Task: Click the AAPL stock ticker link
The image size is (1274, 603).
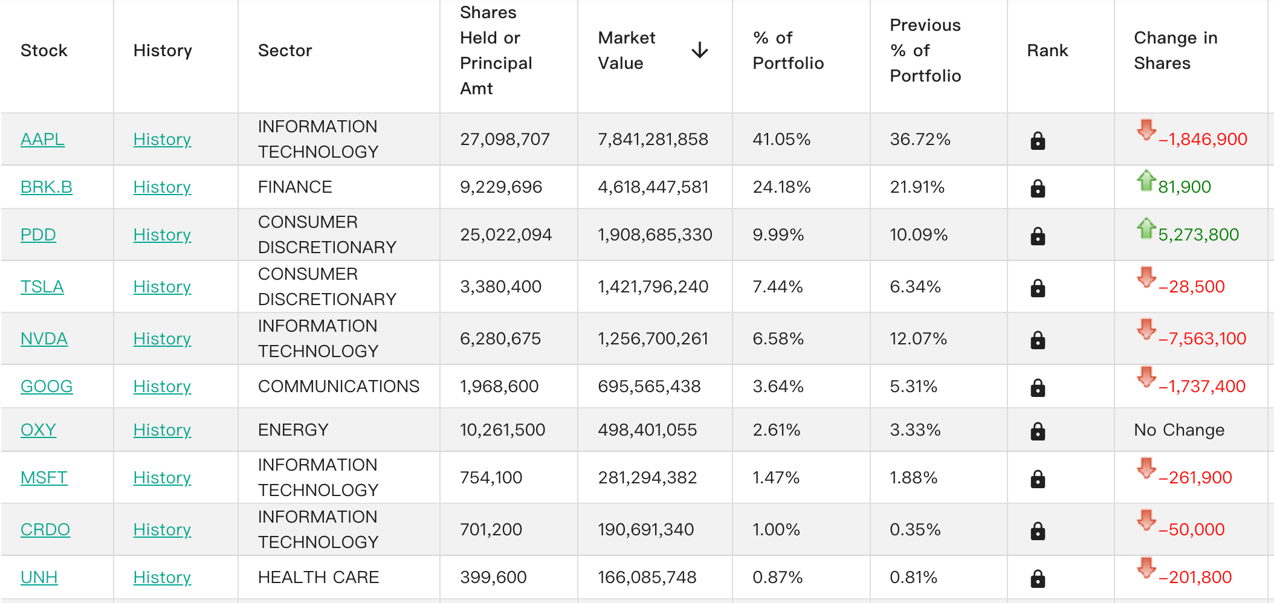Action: coord(42,140)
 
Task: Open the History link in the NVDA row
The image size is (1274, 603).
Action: coord(162,339)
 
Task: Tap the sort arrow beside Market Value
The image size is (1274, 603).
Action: coord(700,50)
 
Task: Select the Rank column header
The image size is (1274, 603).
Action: coord(1047,51)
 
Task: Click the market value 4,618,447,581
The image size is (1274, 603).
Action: coord(653,187)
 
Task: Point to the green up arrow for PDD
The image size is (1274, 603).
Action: coord(1146,228)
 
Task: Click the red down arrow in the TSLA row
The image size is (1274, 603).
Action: coord(1146,277)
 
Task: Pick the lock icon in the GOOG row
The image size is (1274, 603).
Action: coord(1038,387)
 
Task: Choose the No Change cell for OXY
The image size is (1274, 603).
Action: coord(1179,430)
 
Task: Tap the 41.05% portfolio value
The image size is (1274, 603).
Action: coord(781,140)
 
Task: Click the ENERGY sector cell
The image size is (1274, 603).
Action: coord(293,430)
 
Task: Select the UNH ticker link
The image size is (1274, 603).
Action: coord(39,578)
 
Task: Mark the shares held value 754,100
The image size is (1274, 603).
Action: coord(491,478)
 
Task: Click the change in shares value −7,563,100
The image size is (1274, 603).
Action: coord(1202,339)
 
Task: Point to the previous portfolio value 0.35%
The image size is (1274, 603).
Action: coord(915,530)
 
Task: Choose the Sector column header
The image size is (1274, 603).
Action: coord(285,51)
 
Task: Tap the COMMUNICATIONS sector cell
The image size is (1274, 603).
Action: coord(338,387)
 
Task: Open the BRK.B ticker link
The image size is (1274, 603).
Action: coord(47,187)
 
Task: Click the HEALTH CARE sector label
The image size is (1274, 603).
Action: coord(318,578)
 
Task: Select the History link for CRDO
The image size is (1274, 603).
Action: coord(162,530)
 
